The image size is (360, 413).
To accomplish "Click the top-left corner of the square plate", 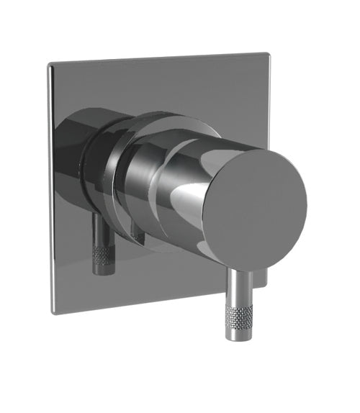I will coord(50,67).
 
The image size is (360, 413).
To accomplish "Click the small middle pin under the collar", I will coord(136,234).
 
